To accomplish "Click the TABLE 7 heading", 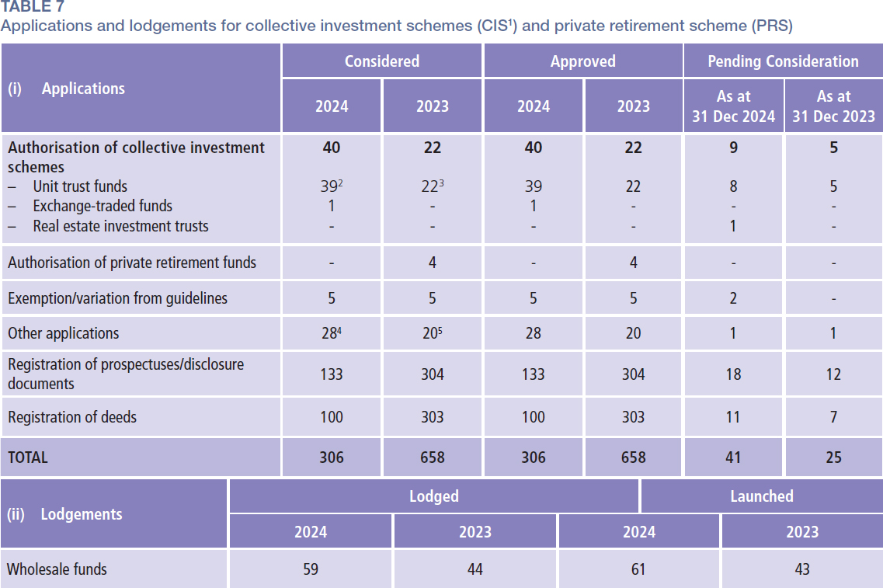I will point(33,7).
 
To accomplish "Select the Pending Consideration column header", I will point(783,61).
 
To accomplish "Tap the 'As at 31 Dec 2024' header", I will point(733,106).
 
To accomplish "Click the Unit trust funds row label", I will point(79,186).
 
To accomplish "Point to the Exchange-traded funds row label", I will point(103,206).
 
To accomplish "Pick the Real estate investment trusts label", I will point(120,226).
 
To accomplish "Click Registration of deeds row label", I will point(72,417).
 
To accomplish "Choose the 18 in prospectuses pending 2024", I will point(733,374).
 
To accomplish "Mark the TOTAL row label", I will point(28,458).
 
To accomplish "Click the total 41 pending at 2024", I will point(733,458).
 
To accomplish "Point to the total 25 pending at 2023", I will point(833,458).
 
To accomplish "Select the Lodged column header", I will point(433,496).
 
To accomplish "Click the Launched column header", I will point(761,496).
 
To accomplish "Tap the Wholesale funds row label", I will point(57,569).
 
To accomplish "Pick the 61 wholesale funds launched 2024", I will point(638,569).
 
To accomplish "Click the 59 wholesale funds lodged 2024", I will point(310,569).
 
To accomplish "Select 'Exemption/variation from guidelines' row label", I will point(117,298).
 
